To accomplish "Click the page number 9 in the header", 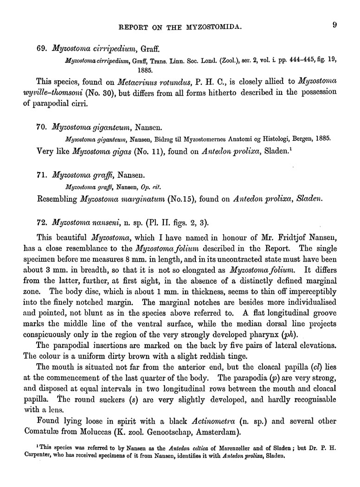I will pos(334,26).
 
